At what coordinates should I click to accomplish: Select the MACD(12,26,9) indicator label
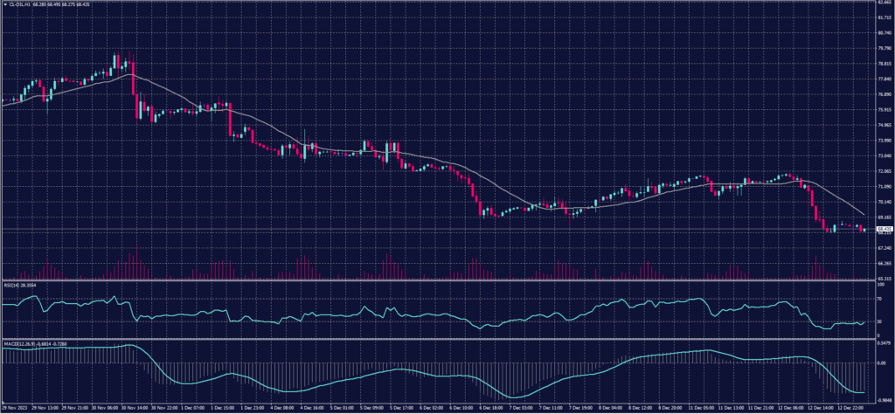click(21, 343)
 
